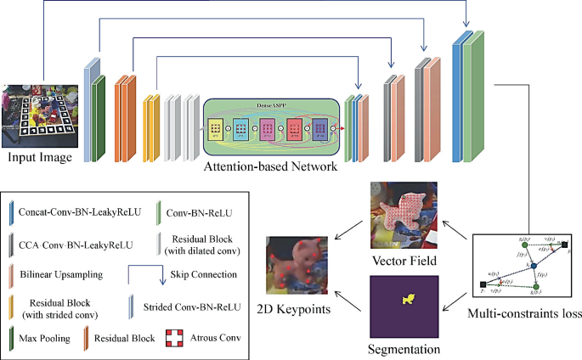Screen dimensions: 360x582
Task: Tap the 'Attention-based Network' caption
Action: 270,167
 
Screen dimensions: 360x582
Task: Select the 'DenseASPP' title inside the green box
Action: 269,105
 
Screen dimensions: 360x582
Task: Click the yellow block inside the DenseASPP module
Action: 215,129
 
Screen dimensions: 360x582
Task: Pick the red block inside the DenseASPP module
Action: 295,129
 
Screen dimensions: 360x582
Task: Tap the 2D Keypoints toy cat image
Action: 297,265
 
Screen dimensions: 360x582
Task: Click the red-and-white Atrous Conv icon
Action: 172,338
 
